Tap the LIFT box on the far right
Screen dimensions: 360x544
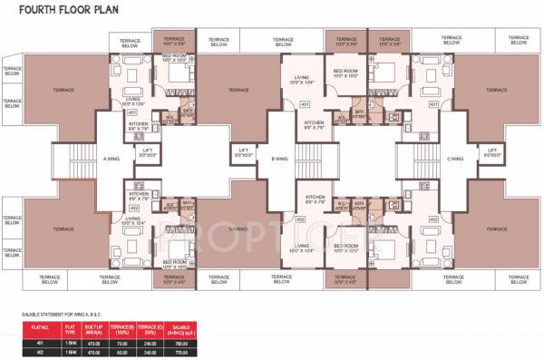click(x=495, y=152)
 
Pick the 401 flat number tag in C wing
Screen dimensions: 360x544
click(x=434, y=104)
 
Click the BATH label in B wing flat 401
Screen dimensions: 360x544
click(x=359, y=113)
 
